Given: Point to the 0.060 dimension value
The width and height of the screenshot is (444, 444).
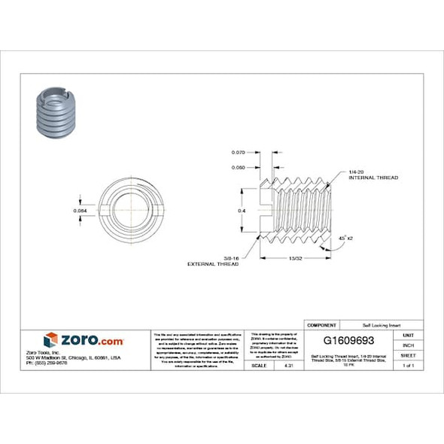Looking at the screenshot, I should click(x=239, y=167).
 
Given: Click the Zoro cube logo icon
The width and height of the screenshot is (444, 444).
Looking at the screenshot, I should click(x=50, y=339).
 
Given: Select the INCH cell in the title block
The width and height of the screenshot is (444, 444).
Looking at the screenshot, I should click(x=408, y=345).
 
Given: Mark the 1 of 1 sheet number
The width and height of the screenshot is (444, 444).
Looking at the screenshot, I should click(x=408, y=365).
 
